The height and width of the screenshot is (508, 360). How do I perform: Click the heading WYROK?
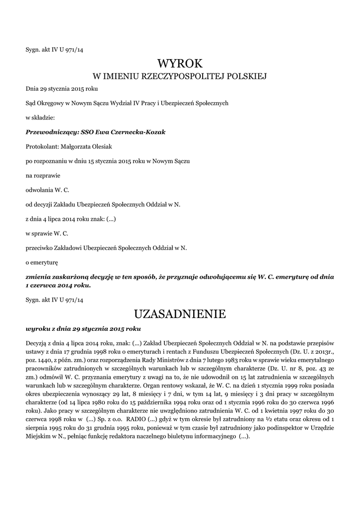coord(180,63)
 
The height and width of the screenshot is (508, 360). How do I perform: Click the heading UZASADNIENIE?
coord(180,314)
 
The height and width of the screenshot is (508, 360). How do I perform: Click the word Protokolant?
coord(42,146)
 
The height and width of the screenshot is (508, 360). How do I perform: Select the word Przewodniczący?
coord(48,132)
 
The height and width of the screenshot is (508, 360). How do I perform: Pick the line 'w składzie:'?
coord(40,118)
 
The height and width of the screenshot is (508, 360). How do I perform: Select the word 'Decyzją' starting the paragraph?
coord(37,343)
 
